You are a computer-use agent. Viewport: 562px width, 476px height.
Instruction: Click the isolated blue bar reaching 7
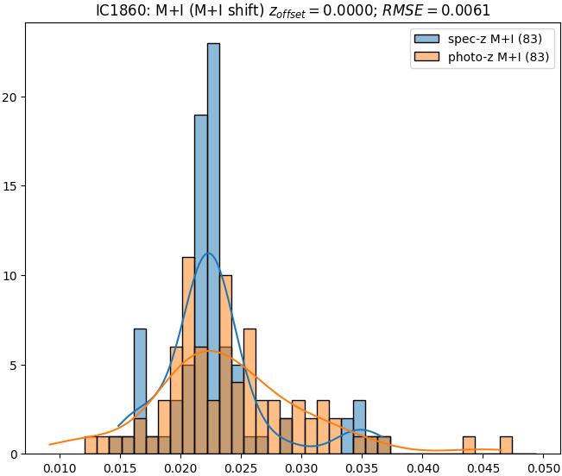[x=140, y=362]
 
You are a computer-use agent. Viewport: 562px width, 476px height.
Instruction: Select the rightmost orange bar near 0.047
[x=506, y=445]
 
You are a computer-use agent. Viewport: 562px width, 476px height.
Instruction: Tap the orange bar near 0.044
[x=469, y=445]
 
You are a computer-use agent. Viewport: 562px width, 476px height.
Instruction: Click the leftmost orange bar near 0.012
[x=91, y=445]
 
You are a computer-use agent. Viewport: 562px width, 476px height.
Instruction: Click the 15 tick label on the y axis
[x=13, y=186]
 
